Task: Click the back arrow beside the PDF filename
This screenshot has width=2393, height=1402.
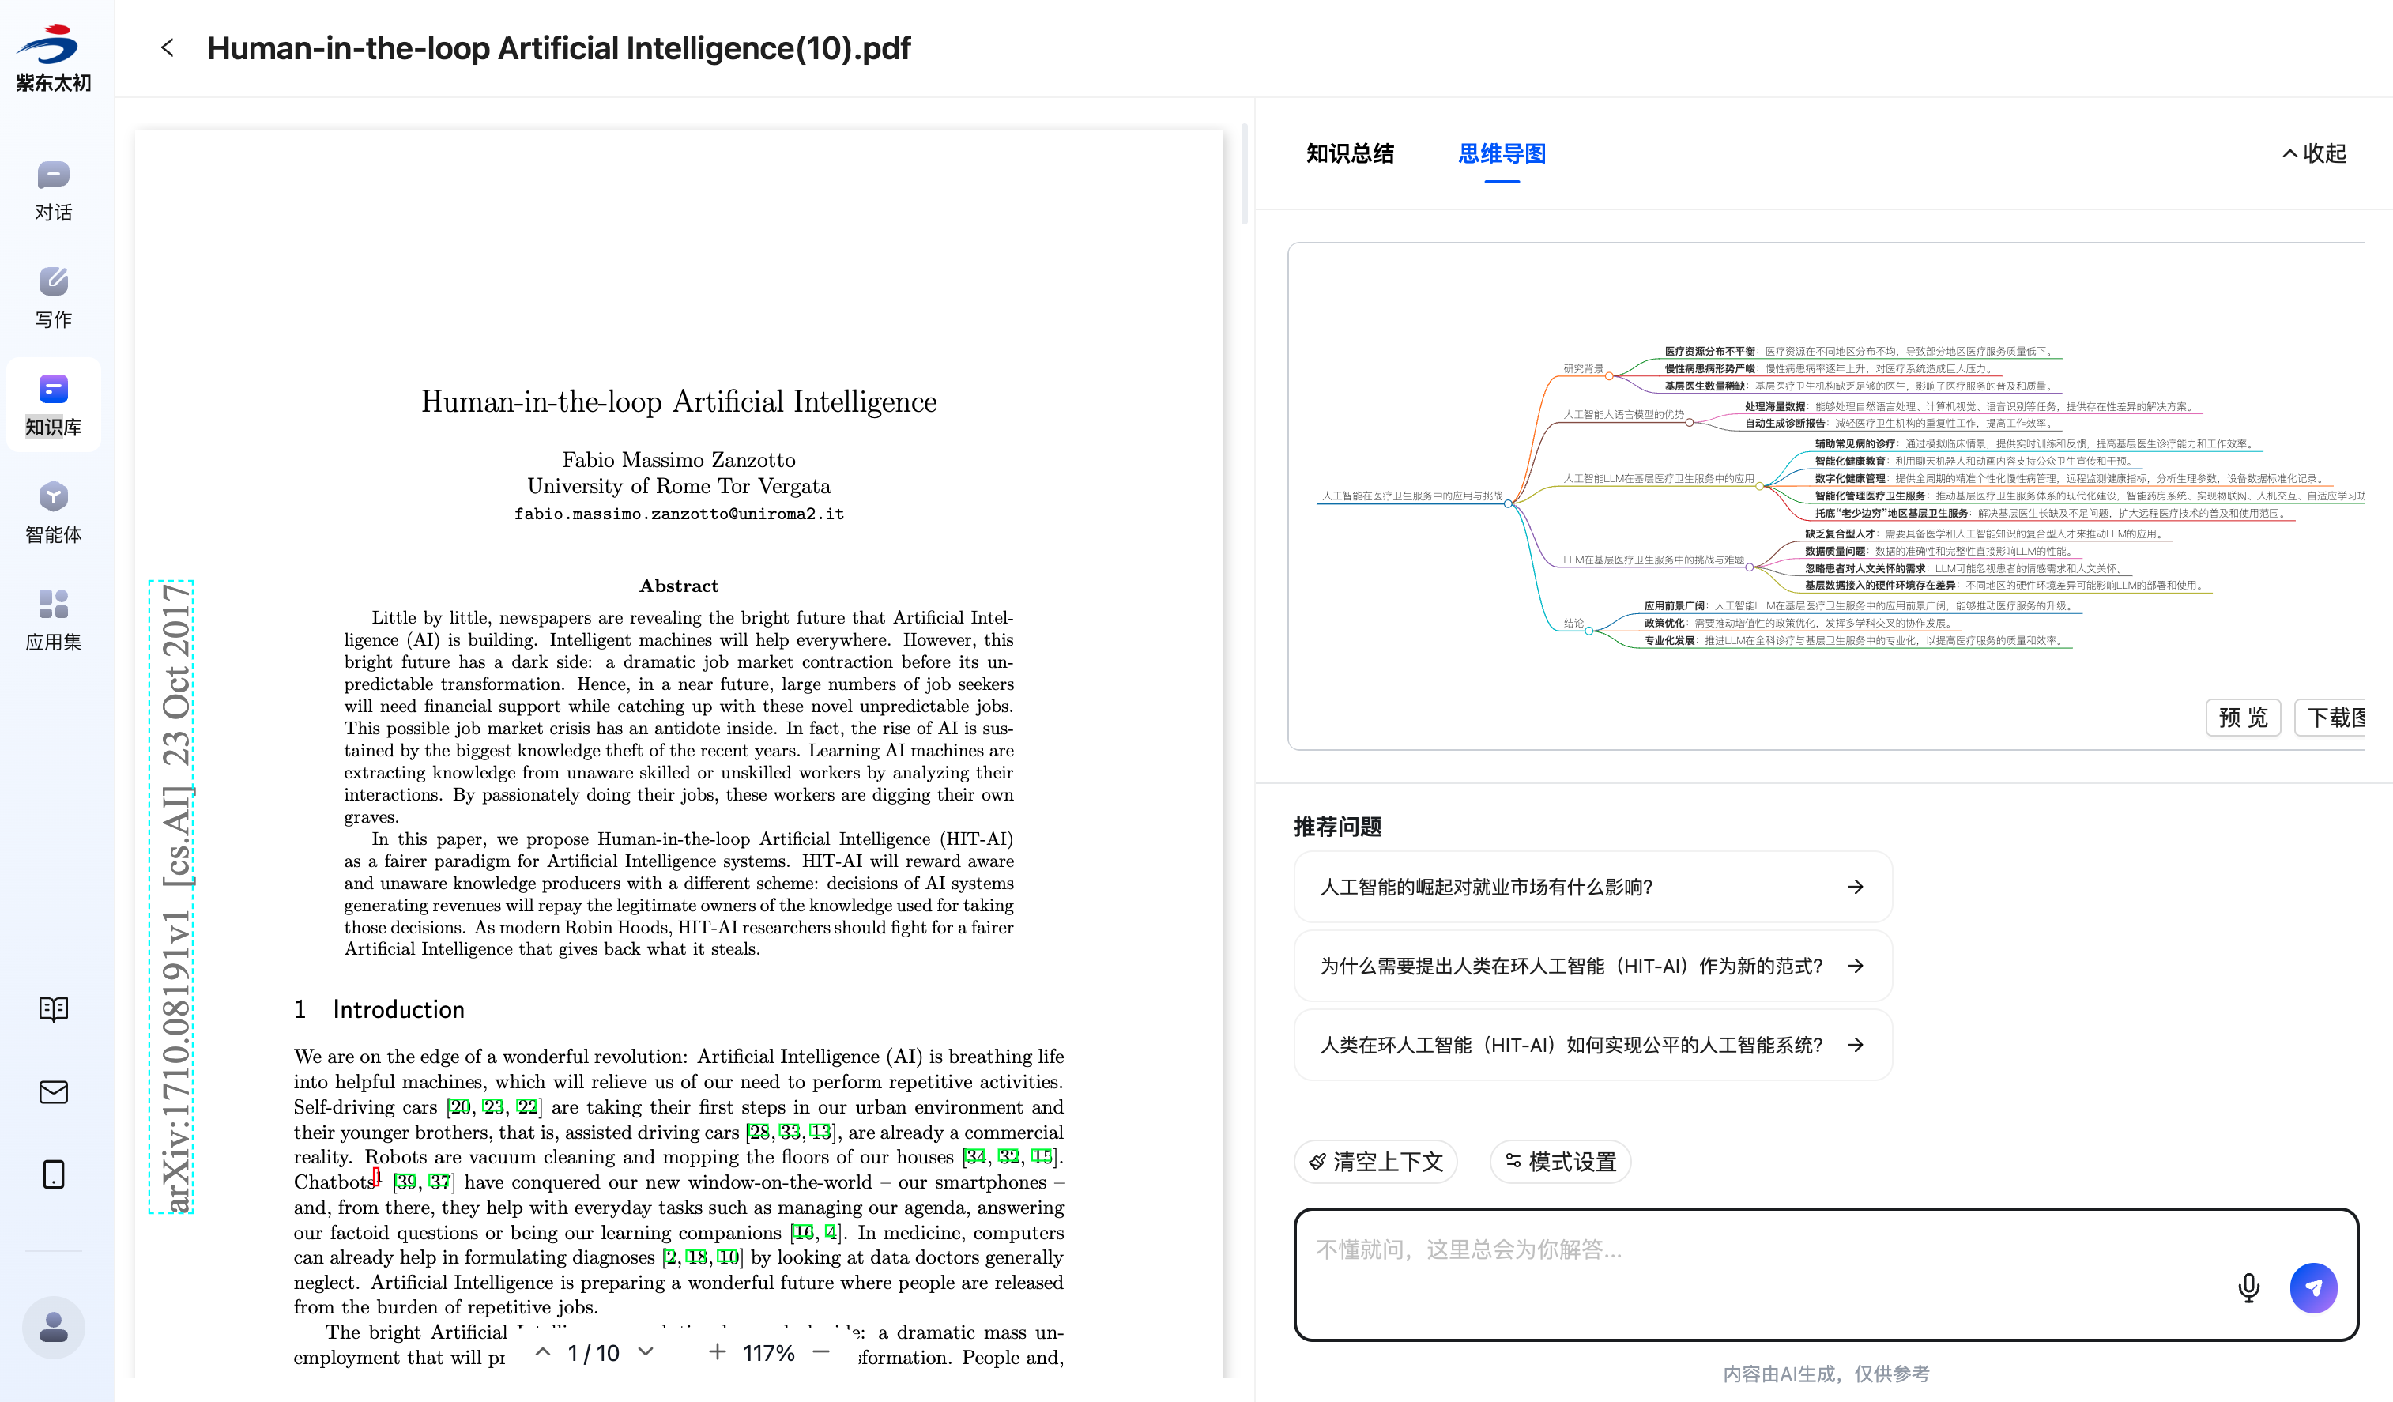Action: (x=167, y=47)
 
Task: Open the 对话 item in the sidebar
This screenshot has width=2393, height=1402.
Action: (x=53, y=190)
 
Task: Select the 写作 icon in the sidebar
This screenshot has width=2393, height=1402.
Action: (x=53, y=296)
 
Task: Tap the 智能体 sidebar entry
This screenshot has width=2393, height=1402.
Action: (x=53, y=511)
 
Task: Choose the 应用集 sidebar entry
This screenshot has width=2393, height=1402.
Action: (x=53, y=618)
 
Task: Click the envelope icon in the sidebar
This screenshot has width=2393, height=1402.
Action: (x=53, y=1092)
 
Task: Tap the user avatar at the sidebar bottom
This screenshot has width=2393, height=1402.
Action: (x=53, y=1326)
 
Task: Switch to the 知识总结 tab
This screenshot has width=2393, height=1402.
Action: (x=1349, y=154)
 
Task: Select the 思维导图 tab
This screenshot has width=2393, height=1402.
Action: (x=1502, y=154)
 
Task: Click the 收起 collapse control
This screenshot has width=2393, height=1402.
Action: (x=2313, y=154)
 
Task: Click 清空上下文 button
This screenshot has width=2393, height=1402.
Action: (x=1375, y=1162)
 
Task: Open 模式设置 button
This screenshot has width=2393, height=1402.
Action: (x=1559, y=1162)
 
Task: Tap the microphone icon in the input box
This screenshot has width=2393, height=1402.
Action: (x=2248, y=1288)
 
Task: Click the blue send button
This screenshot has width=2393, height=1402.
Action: (x=2312, y=1288)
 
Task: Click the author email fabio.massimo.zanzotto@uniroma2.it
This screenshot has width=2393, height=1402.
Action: (x=679, y=514)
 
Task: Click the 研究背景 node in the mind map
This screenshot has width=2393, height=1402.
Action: (x=1583, y=368)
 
